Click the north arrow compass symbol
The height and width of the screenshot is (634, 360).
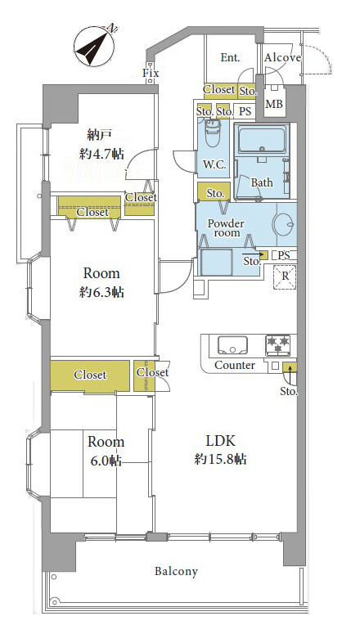coord(95,46)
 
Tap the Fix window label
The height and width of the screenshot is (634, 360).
coord(151,73)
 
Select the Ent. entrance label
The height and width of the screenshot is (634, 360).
coord(230,57)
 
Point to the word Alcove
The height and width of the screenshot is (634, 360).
coord(282,57)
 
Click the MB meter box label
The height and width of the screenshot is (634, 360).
coord(274,104)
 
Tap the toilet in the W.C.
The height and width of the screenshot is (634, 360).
coord(213,135)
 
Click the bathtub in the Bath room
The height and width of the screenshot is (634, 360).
coord(263,139)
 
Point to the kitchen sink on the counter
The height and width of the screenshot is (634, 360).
coord(232,345)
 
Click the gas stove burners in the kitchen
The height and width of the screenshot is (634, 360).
coord(278,345)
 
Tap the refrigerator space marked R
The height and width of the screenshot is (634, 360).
coord(286,277)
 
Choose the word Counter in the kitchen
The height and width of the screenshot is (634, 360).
coord(235,365)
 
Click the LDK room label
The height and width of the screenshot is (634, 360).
coord(220,441)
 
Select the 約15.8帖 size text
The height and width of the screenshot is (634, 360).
coord(220,459)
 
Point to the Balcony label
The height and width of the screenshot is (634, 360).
coord(177,571)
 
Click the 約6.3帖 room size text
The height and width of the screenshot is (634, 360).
coord(101,292)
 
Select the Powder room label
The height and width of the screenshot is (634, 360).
coord(226,228)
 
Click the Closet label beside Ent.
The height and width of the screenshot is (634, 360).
coord(219,89)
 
